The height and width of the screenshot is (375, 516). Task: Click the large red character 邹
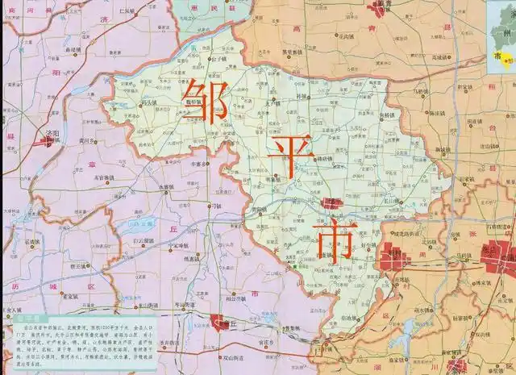pos(205,101)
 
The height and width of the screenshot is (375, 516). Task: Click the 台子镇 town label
pos(220,60)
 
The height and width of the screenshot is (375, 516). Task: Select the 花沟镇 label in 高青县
pos(347,36)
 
